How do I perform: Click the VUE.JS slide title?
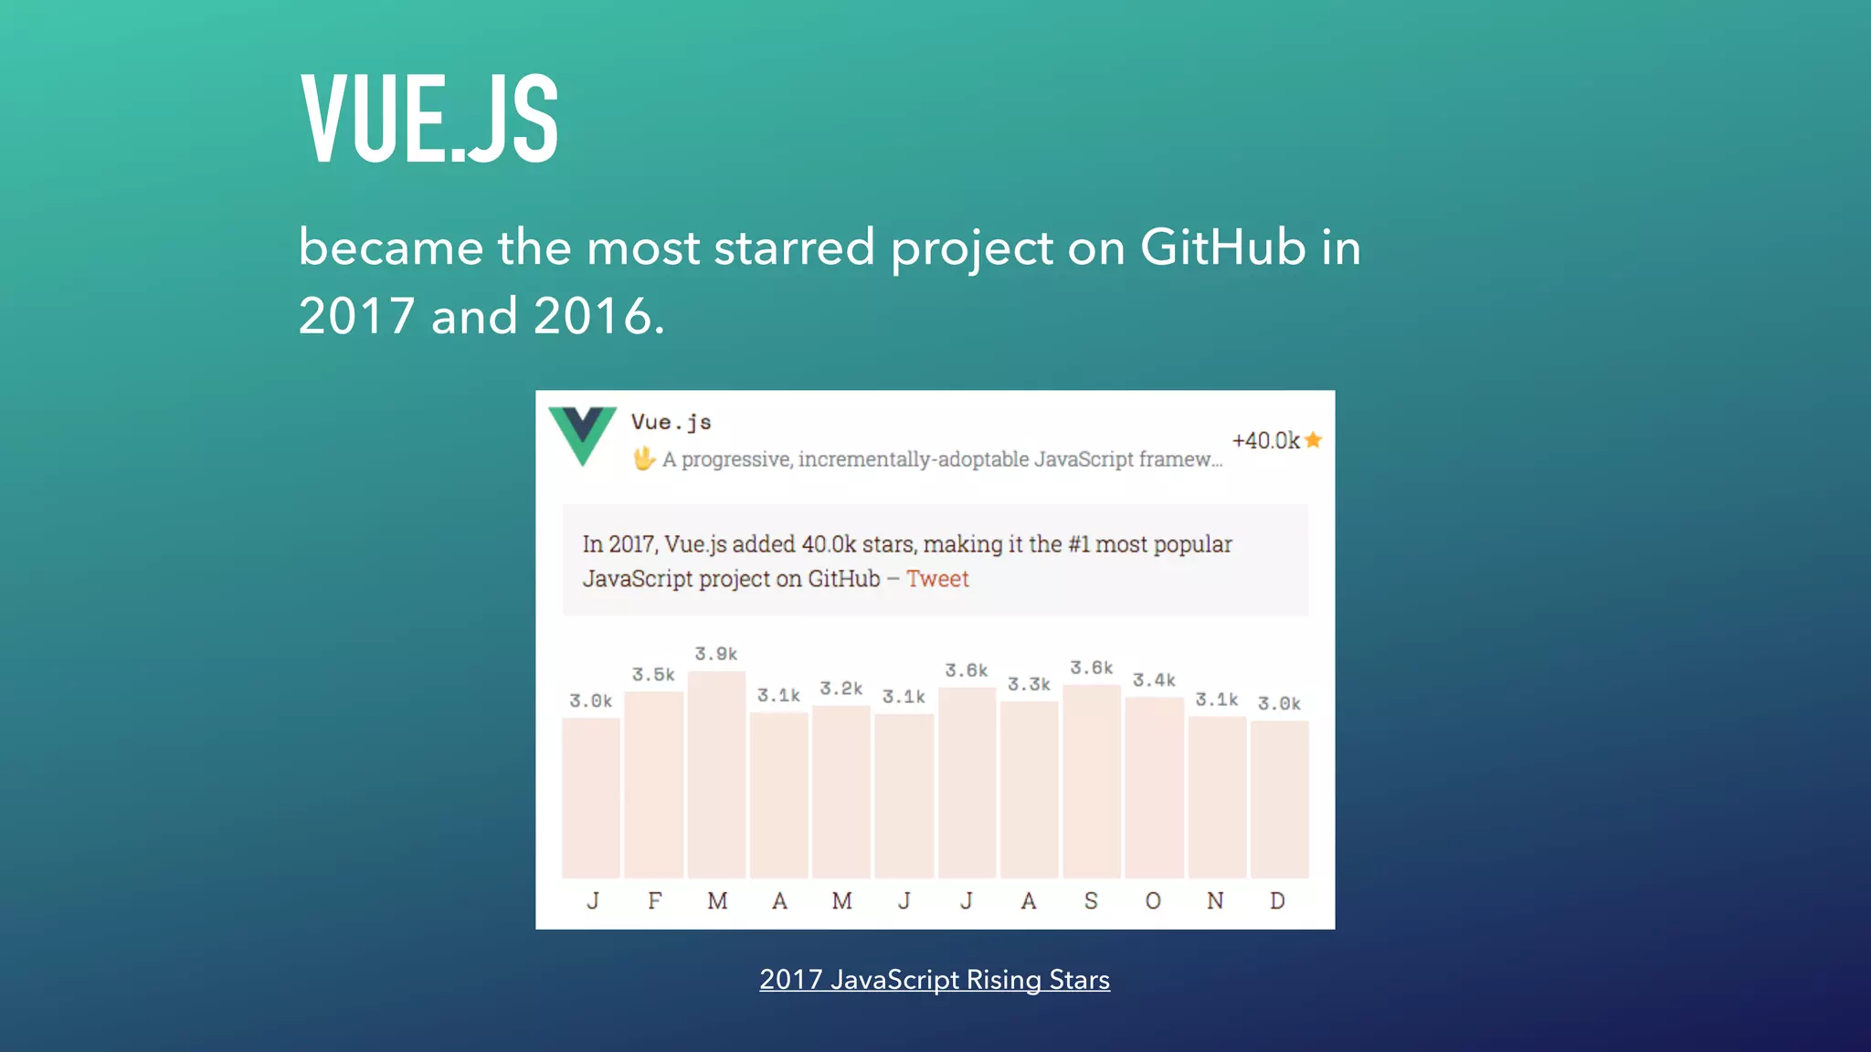pos(429,119)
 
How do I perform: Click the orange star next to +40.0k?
pos(1314,440)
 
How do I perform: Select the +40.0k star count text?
pos(1265,440)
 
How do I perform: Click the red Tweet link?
pos(937,579)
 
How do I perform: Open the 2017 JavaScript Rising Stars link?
pos(935,980)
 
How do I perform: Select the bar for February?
pos(654,784)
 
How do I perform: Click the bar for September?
pos(1092,781)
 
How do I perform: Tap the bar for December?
pos(1279,799)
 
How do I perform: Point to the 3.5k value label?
pos(653,675)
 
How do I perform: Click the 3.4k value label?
pos(1154,680)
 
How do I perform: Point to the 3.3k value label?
pos(1029,684)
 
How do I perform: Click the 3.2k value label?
pos(840,689)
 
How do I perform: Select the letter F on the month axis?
pos(655,901)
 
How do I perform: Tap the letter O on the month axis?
pos(1153,901)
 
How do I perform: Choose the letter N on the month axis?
pos(1215,901)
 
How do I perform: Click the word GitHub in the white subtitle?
pos(1223,247)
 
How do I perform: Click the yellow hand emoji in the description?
pos(644,458)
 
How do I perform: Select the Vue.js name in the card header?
pos(671,422)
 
